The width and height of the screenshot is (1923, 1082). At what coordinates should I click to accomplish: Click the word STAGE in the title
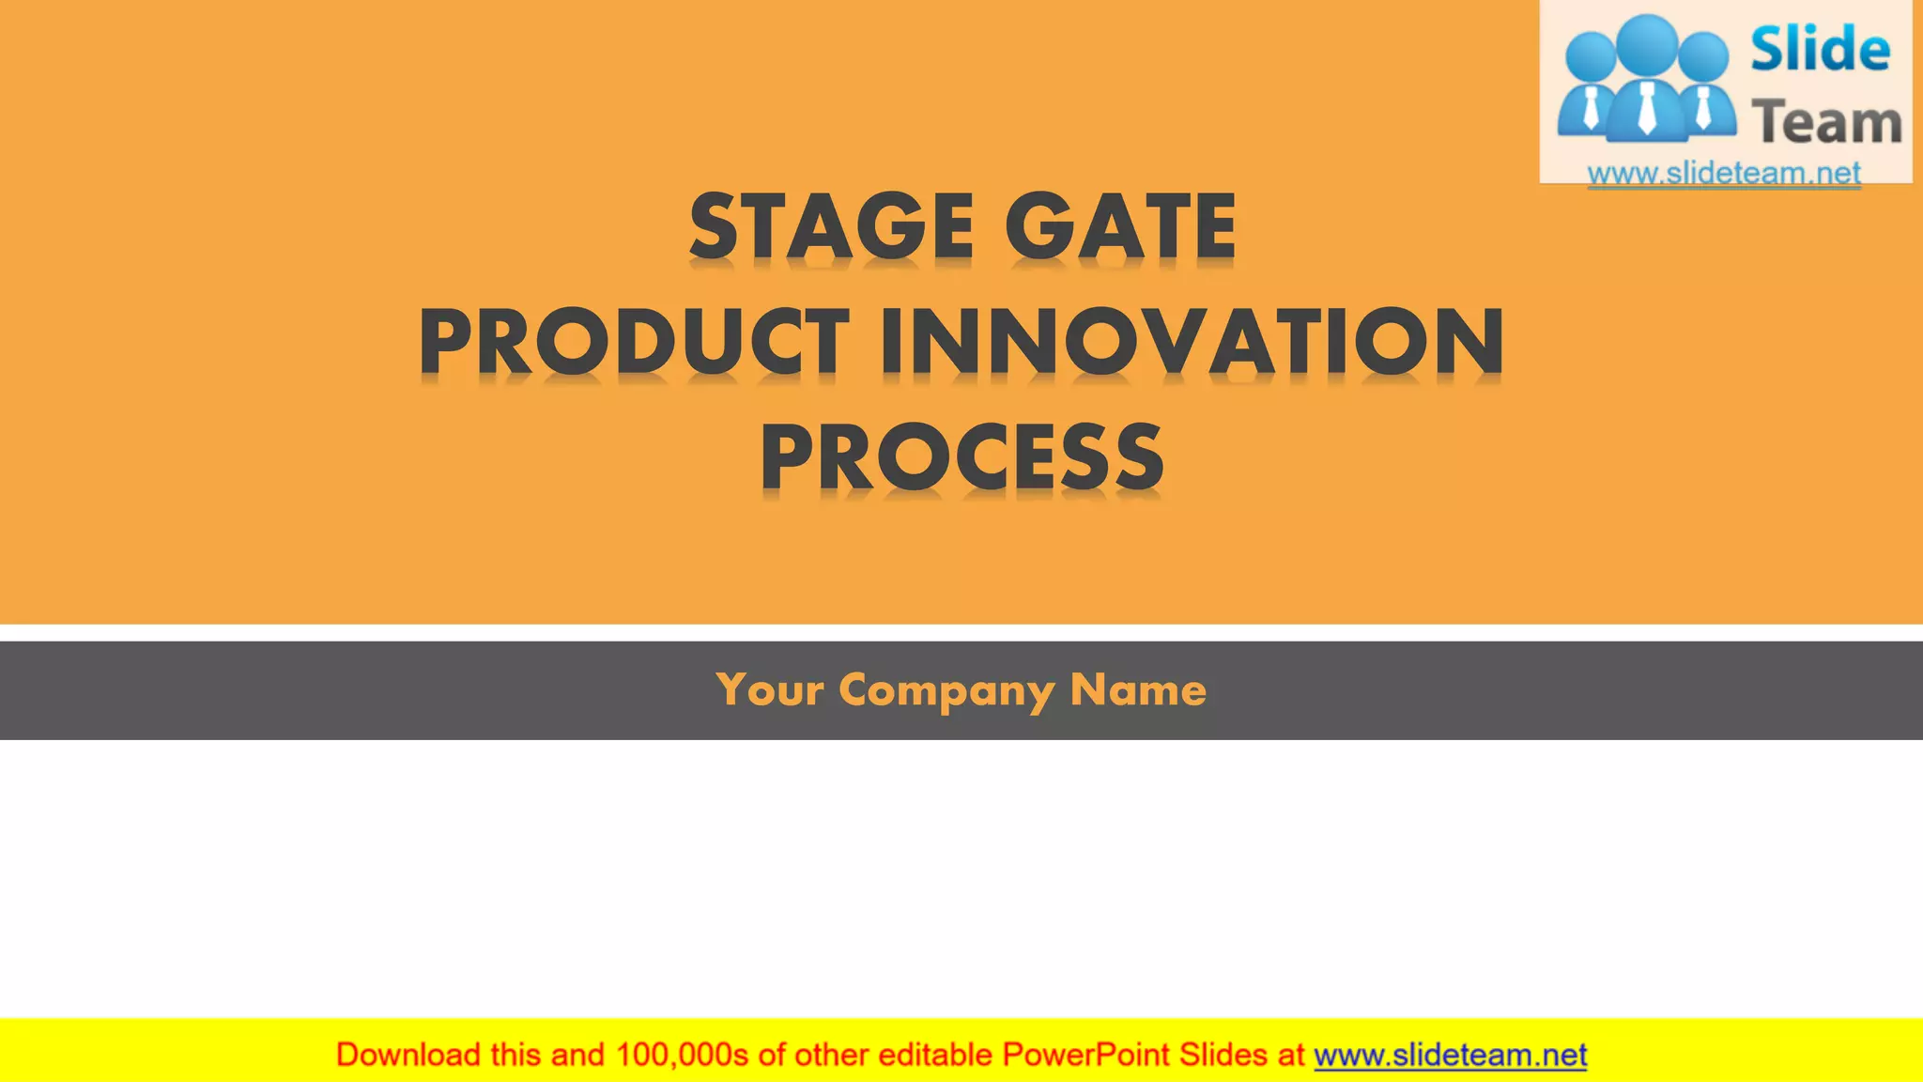[x=831, y=226]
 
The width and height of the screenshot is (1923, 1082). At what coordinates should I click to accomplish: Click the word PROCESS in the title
[x=961, y=457]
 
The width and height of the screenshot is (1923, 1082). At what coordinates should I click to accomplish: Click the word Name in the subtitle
[x=1138, y=690]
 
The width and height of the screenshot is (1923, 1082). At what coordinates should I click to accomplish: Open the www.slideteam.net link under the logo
[x=1724, y=173]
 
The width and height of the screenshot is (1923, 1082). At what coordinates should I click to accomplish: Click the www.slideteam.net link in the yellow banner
[x=1450, y=1055]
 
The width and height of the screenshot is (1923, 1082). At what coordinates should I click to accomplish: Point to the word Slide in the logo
[x=1820, y=50]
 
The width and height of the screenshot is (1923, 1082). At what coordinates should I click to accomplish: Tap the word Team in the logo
[x=1826, y=123]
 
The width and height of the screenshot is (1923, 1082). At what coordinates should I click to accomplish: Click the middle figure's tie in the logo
[x=1647, y=108]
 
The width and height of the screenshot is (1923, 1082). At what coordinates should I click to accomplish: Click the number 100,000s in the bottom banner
[x=682, y=1055]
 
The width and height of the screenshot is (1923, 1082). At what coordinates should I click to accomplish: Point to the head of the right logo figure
[x=1701, y=54]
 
